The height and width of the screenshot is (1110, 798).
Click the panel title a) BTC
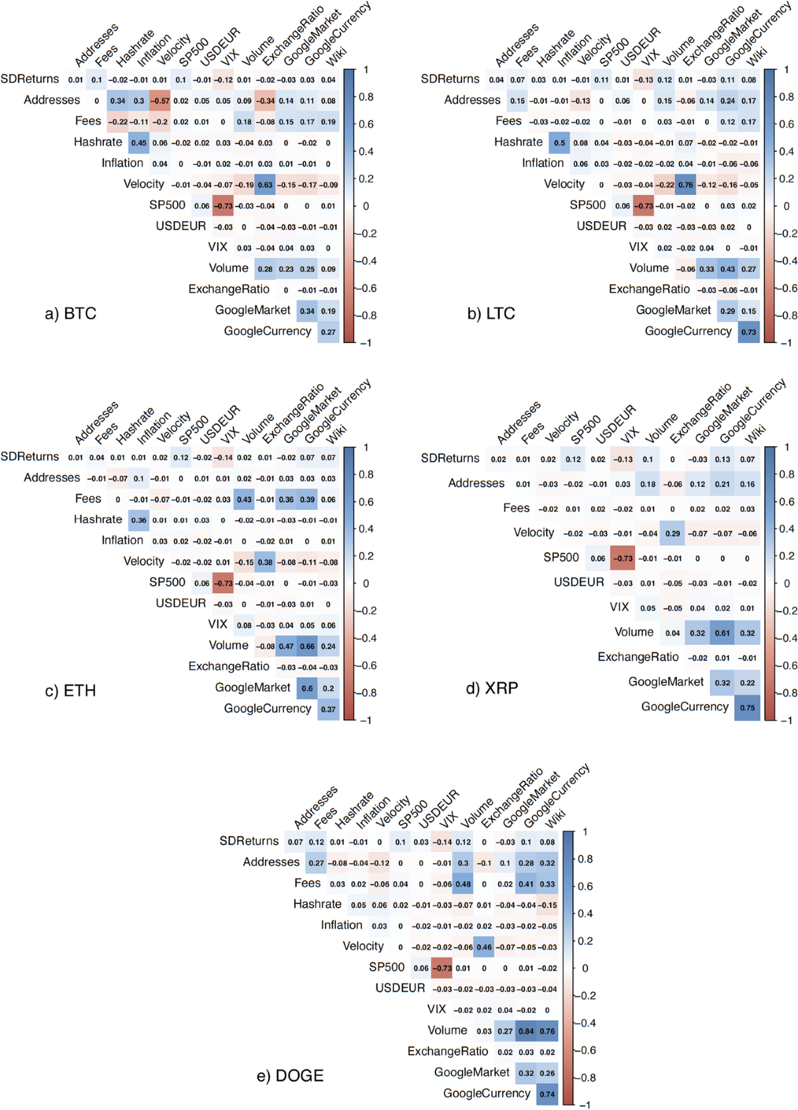pos(70,313)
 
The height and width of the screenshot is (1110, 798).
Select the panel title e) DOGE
pos(290,1075)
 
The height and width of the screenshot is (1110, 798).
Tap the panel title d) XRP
pos(491,688)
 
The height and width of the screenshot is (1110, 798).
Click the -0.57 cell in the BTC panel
pos(160,101)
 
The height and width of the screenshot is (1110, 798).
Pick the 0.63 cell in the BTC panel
pos(265,185)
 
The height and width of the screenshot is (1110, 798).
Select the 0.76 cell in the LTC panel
pos(686,185)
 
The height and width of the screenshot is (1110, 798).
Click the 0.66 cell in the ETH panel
pos(307,646)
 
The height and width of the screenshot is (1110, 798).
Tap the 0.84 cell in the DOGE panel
pos(526,1031)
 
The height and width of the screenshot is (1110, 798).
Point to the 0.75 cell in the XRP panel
pos(747,708)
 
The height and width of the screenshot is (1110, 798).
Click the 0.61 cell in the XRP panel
pos(722,633)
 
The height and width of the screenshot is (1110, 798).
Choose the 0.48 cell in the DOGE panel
pos(463,884)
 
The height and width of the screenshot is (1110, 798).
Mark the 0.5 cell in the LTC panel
pos(560,143)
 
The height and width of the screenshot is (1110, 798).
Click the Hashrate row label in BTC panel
pos(98,142)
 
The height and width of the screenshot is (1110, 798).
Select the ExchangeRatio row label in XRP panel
pos(638,657)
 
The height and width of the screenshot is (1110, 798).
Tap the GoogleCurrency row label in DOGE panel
pos(487,1093)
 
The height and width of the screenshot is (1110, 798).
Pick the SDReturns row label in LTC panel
pos(450,78)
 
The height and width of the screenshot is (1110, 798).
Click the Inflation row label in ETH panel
pos(122,540)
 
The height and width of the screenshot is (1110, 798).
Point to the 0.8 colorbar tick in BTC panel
pos(366,97)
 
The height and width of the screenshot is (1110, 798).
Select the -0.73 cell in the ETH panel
pos(223,583)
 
